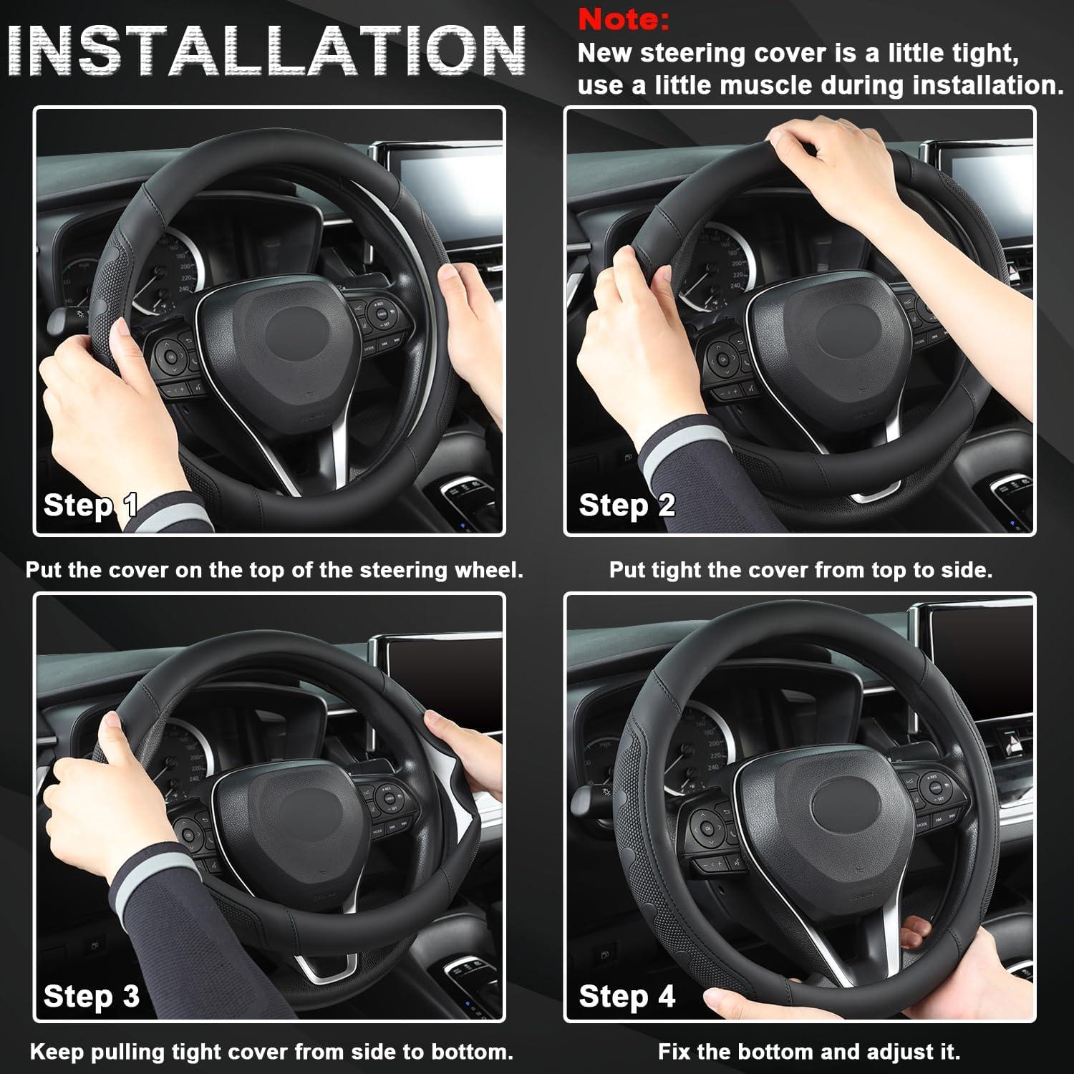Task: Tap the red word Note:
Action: click(624, 20)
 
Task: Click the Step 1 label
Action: click(90, 505)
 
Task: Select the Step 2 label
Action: click(627, 505)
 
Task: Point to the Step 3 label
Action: click(91, 997)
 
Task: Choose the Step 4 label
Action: click(627, 997)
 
